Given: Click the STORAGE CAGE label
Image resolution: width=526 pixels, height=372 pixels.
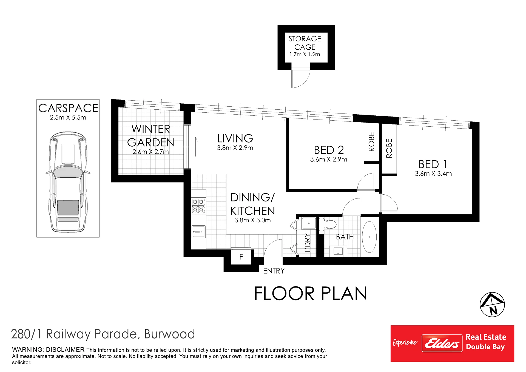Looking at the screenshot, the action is (x=305, y=43).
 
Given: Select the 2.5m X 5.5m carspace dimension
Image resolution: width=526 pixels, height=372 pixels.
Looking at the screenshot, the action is (x=68, y=118).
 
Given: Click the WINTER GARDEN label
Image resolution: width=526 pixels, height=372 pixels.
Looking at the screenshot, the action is (x=151, y=136).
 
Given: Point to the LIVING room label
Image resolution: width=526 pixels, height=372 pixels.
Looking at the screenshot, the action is (x=235, y=138).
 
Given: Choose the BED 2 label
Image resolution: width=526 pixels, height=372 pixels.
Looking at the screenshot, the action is (x=329, y=150).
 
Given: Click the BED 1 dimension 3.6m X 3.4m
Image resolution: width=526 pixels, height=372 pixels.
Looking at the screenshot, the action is (x=433, y=174).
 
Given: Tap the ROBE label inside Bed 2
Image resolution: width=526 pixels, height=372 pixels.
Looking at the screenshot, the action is (x=372, y=142).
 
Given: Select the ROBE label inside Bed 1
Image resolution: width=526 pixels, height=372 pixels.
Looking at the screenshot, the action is (x=389, y=148).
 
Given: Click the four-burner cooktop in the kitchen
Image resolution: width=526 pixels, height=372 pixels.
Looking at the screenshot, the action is (x=198, y=206).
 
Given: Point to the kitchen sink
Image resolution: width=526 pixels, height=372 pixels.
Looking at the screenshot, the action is (x=198, y=232).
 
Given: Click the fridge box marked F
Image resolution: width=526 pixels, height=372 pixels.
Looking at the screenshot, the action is (x=241, y=257).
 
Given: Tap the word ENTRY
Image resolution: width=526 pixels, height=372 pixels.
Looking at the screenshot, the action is (x=274, y=271).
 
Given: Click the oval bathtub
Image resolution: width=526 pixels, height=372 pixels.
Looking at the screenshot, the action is (x=369, y=237).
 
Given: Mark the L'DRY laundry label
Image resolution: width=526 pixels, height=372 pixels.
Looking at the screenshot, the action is (x=308, y=243).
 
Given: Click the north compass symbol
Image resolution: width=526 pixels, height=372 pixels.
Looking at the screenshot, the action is (x=492, y=305).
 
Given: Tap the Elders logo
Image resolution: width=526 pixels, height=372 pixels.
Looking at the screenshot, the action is (x=442, y=343).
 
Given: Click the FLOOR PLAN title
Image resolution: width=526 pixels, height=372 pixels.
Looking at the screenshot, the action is (x=311, y=294).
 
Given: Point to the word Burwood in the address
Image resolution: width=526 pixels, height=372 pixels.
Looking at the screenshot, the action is (x=169, y=334).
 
